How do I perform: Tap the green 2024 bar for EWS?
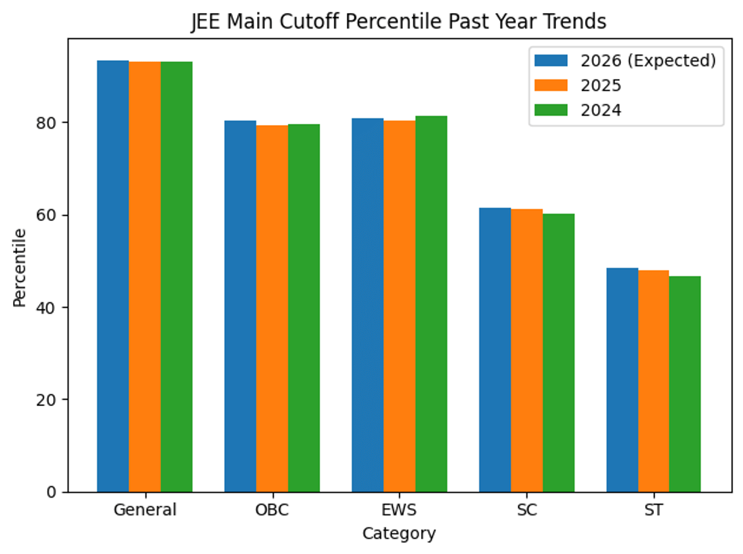(x=431, y=304)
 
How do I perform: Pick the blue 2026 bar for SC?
(x=495, y=350)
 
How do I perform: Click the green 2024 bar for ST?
(x=685, y=384)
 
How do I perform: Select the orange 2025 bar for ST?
(x=653, y=381)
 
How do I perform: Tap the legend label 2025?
(x=601, y=85)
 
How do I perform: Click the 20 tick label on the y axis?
(x=50, y=400)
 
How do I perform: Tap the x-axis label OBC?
(x=272, y=511)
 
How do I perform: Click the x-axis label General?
(x=145, y=511)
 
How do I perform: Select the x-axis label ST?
(x=653, y=511)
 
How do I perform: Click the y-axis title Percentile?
(x=20, y=267)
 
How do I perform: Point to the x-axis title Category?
(x=399, y=534)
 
